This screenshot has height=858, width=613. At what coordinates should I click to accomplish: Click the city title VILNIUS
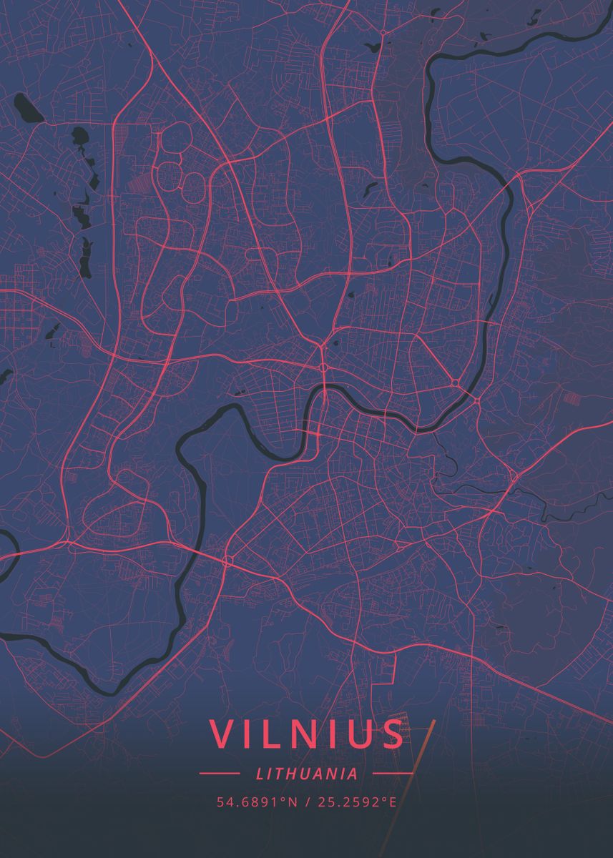306,734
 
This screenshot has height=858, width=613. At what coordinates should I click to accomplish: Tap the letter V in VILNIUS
222,734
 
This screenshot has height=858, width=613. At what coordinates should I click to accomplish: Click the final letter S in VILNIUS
392,734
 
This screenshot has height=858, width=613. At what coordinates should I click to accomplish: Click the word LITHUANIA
306,773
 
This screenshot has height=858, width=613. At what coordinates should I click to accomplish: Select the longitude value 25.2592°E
355,802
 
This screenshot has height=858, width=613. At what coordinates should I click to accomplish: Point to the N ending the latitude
292,802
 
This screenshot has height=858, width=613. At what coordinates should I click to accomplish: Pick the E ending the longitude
392,802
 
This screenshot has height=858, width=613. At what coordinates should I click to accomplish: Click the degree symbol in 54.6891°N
284,799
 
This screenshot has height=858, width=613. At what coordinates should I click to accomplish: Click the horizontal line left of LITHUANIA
219,773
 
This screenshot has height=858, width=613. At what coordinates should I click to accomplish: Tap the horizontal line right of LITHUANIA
393,773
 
